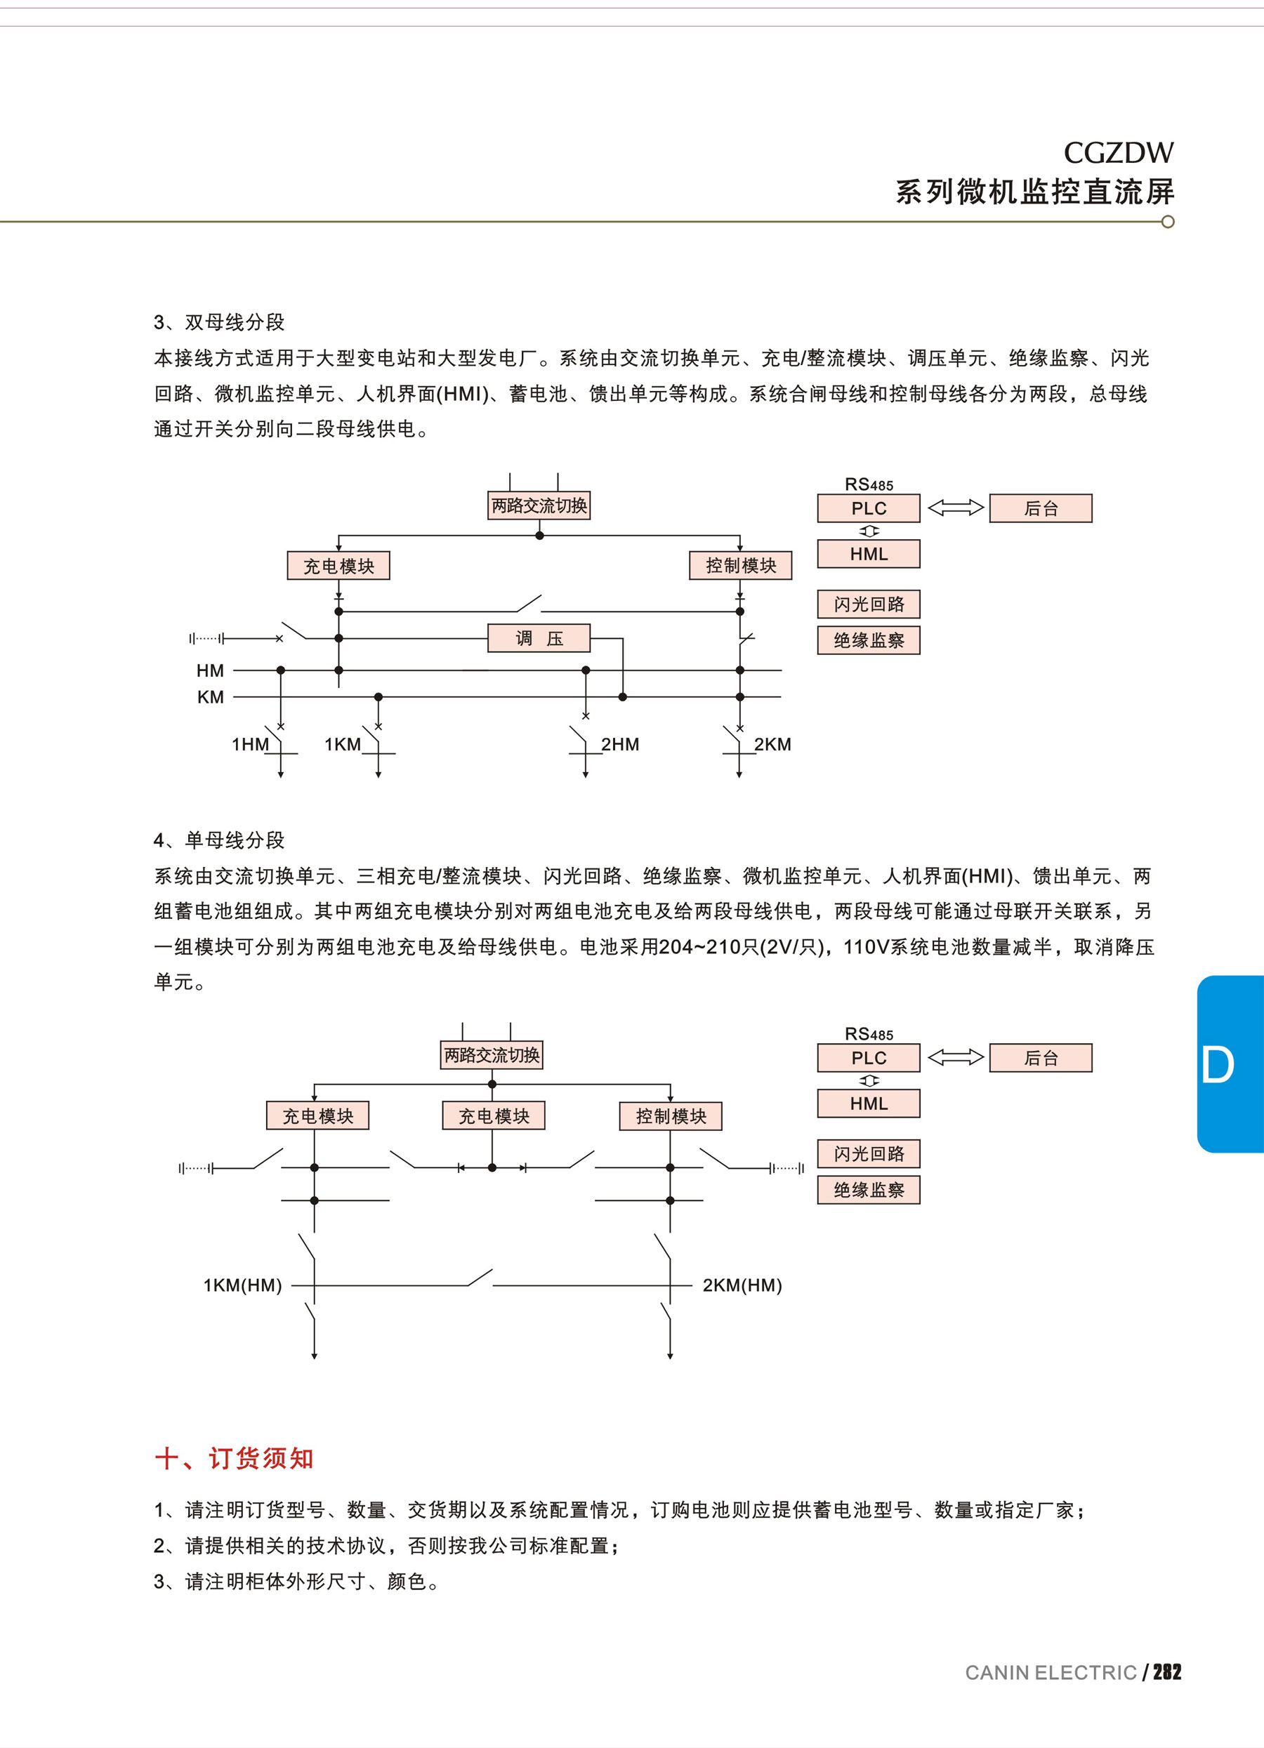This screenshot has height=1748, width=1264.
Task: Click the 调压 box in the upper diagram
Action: click(x=539, y=638)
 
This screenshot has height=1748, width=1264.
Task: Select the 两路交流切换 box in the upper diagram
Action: click(x=539, y=505)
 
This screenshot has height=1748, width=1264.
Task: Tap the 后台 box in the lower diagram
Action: click(x=1041, y=1058)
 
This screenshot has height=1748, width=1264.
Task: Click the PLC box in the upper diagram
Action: click(x=869, y=509)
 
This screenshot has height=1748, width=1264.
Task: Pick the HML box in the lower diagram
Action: click(x=869, y=1104)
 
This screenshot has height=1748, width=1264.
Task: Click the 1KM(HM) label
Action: click(x=243, y=1285)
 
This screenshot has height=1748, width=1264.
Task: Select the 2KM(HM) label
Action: click(x=742, y=1285)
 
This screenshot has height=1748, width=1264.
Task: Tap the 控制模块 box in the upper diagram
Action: click(x=741, y=566)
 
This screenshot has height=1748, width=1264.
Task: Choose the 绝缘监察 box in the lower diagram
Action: click(x=869, y=1190)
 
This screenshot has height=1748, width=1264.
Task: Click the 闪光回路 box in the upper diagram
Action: click(x=869, y=604)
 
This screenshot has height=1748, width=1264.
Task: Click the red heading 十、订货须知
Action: click(x=235, y=1458)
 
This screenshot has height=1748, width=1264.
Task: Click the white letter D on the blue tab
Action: click(x=1217, y=1065)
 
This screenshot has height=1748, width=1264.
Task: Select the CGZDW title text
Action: click(x=1119, y=153)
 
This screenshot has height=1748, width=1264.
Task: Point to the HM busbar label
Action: click(x=210, y=670)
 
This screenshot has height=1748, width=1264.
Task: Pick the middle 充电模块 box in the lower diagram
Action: click(x=493, y=1116)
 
